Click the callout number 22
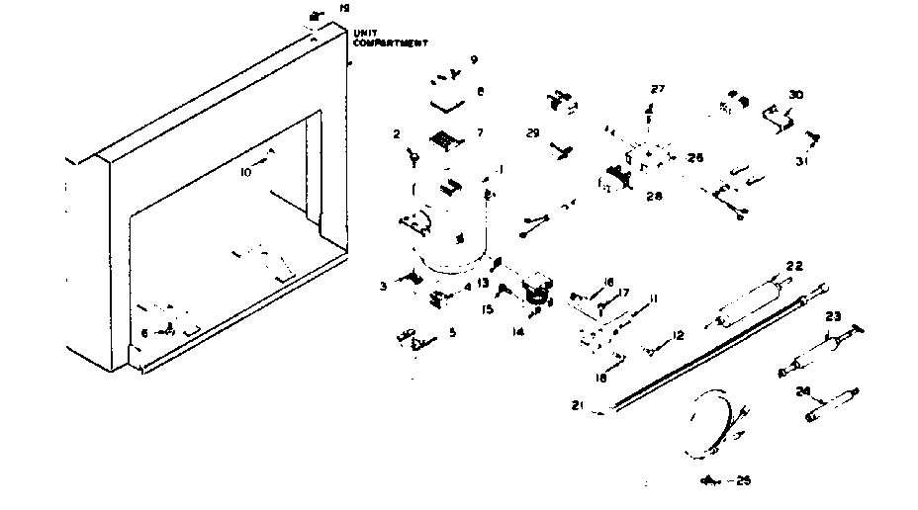(794, 265)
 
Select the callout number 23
(833, 317)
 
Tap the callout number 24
(803, 391)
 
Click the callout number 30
(795, 95)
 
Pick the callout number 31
(801, 161)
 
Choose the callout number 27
(658, 90)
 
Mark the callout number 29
(532, 132)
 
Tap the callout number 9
(474, 60)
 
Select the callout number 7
(481, 132)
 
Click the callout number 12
(678, 336)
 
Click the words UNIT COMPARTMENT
(390, 39)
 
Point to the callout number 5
(452, 333)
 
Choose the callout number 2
(396, 133)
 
